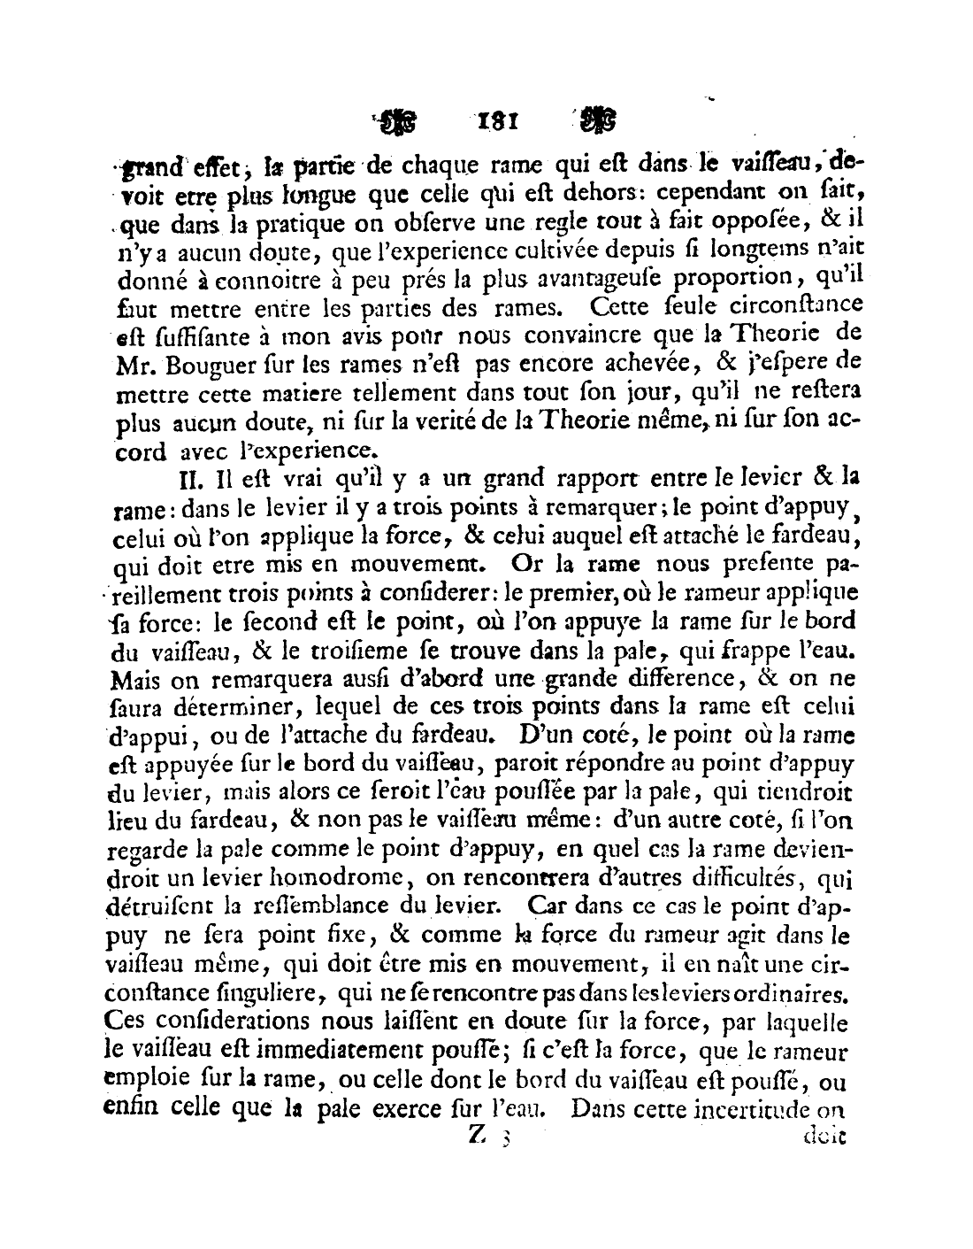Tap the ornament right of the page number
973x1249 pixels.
[599, 119]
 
